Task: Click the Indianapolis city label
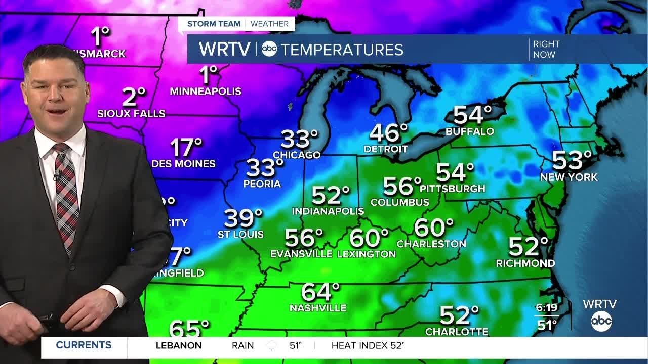coord(328,211)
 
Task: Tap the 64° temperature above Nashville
coord(320,292)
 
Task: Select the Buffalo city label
coord(469,132)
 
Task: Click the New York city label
coord(569,177)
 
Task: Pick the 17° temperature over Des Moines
coord(186,148)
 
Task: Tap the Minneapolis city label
coord(206,92)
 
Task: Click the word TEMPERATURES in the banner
coord(342,50)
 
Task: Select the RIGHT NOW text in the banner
coord(546,50)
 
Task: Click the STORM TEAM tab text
coord(214,24)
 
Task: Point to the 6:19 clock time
coord(546,307)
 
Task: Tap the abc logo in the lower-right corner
coord(601,322)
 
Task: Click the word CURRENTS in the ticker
coord(84,345)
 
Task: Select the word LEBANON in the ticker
coord(179,346)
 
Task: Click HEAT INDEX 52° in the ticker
coord(368,346)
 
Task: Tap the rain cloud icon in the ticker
coord(272,346)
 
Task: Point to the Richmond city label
coord(525,263)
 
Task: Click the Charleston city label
coord(431,244)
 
